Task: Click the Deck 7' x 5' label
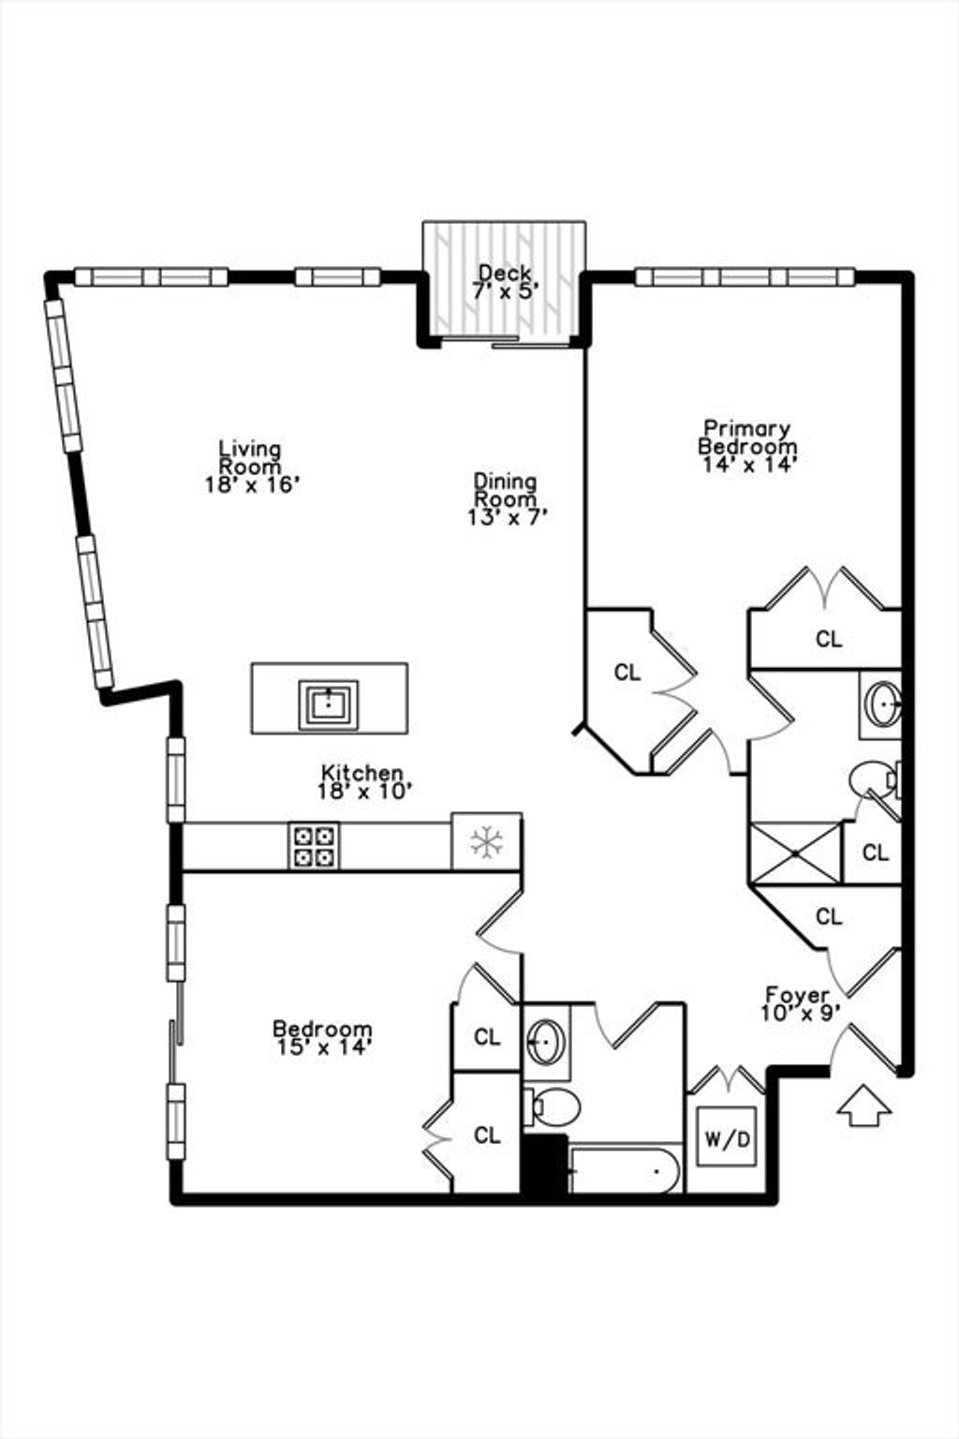(505, 282)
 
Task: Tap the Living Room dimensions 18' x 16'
(253, 484)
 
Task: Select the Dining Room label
(505, 490)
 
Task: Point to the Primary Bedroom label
(747, 437)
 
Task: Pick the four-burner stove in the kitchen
(314, 845)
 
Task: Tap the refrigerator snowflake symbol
(486, 842)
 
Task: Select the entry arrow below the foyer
(865, 1105)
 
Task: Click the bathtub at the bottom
(625, 1169)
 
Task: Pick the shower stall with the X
(795, 853)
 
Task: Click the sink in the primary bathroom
(884, 705)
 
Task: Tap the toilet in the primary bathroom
(875, 779)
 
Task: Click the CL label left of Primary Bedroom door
(627, 673)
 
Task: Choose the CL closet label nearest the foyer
(829, 917)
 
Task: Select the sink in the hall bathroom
(547, 1042)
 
